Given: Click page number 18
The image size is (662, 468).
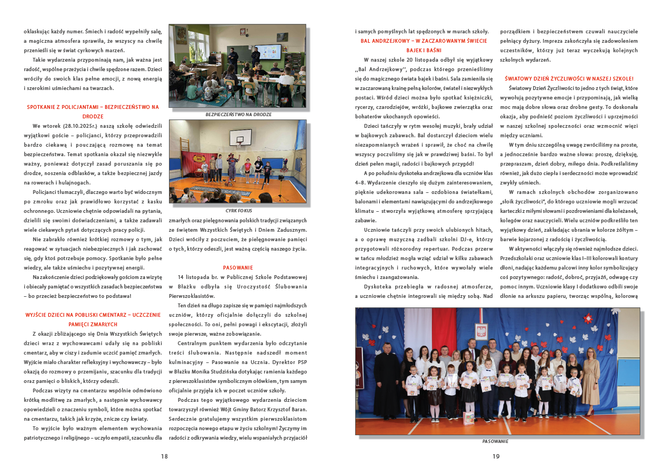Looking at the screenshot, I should coord(164,456).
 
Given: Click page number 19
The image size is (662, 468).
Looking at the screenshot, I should coord(496,456).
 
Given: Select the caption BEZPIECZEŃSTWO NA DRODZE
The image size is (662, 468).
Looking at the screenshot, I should coord(238,114).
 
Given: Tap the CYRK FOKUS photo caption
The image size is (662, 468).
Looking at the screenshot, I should coord(237,211).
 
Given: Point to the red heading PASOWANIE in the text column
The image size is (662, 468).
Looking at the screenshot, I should coord(238,267).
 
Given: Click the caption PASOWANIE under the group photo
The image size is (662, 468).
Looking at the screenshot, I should coord(495,441).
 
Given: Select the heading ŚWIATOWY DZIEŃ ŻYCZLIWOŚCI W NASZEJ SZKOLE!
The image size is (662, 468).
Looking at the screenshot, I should coord(569,78).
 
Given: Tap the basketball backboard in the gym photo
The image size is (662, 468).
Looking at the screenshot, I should coord(245,135).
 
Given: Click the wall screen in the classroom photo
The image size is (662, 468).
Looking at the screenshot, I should coord(272,52).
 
